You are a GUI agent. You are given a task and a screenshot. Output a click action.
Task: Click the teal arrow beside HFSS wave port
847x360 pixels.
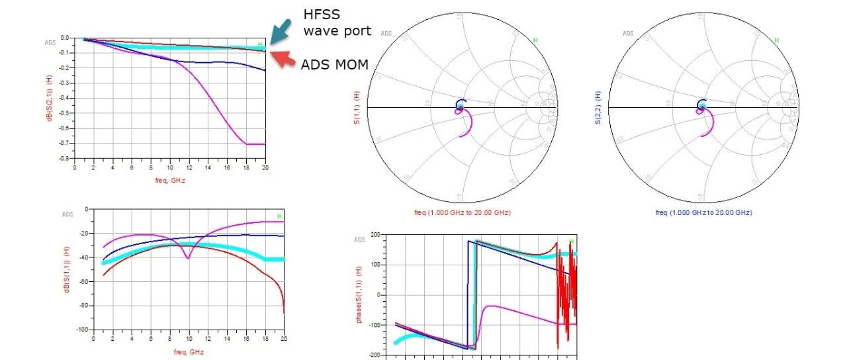pyautogui.click(x=281, y=30)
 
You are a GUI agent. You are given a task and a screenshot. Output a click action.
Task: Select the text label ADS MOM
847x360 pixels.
pyautogui.click(x=334, y=64)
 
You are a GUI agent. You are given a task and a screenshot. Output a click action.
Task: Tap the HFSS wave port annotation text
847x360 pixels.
pyautogui.click(x=337, y=22)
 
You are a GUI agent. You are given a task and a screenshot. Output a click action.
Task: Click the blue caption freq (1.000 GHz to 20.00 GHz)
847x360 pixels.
pyautogui.click(x=704, y=212)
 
